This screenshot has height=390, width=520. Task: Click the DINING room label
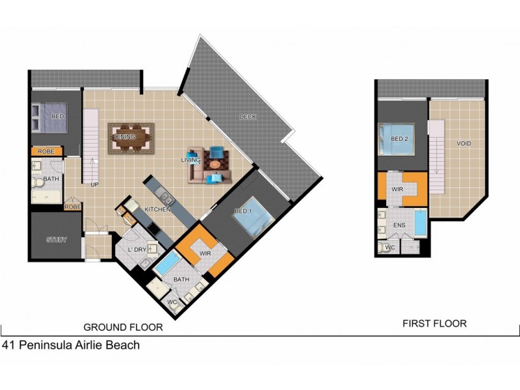coord(125,136)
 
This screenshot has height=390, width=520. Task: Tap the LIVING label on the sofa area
coord(190,160)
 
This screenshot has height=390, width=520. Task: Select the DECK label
coord(248,117)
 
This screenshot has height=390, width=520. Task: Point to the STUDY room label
coord(57,240)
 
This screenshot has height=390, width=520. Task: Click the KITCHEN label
coord(157,209)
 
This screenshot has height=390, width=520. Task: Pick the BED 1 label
coord(243,211)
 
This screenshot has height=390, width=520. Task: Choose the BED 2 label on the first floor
coord(399,138)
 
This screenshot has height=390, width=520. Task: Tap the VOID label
coord(463,144)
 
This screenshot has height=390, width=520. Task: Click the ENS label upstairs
coord(399,225)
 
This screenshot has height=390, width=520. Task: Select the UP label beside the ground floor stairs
coord(94,185)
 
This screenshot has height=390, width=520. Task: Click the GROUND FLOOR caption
coord(123,328)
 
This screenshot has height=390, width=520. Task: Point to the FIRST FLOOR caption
coord(434,323)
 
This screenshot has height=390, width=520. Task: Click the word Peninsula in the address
coord(45,345)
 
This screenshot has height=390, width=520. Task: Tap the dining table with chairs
coord(131,138)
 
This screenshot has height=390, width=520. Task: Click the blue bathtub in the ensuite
coord(421,222)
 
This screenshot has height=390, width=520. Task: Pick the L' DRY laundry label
coord(137,250)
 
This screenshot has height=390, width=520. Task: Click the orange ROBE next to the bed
coord(46,151)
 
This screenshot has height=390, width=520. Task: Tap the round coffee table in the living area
coord(214,164)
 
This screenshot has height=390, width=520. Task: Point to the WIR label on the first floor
coord(397,189)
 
